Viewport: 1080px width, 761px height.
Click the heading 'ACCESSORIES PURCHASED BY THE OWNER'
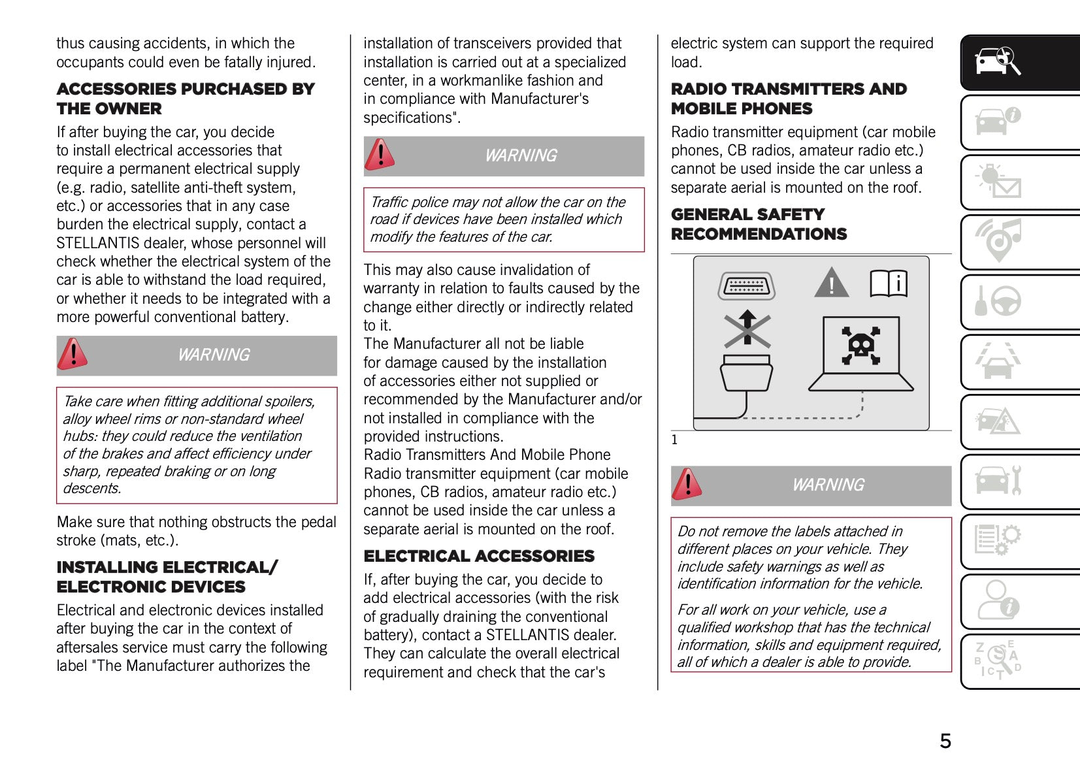pyautogui.click(x=186, y=99)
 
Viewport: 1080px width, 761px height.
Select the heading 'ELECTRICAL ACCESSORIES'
pyautogui.click(x=479, y=556)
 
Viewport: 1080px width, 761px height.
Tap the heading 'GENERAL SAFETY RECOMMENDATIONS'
pyautogui.click(x=759, y=224)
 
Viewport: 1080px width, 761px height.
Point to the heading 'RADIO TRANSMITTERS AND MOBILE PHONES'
pyautogui.click(x=789, y=99)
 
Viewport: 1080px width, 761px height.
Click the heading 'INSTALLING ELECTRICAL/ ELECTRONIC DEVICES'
pyautogui.click(x=167, y=577)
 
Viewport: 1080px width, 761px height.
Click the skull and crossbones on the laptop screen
pyautogui.click(x=860, y=345)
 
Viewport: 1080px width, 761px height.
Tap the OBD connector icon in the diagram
pyautogui.click(x=746, y=285)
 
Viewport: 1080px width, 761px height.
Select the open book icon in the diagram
pyautogui.click(x=889, y=283)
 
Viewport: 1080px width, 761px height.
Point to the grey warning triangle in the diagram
pyautogui.click(x=831, y=283)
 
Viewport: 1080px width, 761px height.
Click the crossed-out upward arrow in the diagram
pyautogui.click(x=747, y=329)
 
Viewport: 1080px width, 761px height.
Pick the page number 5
pyautogui.click(x=945, y=741)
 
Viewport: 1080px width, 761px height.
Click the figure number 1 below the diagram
pyautogui.click(x=674, y=440)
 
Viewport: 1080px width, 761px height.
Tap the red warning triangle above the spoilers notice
pyautogui.click(x=73, y=354)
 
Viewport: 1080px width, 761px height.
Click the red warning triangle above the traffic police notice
pyautogui.click(x=380, y=155)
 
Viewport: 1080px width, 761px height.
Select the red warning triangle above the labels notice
pyautogui.click(x=687, y=484)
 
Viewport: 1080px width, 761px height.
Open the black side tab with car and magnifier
pyautogui.click(x=1019, y=62)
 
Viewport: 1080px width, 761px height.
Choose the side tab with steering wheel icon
pyautogui.click(x=1019, y=302)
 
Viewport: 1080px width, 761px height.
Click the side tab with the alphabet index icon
pyautogui.click(x=1019, y=660)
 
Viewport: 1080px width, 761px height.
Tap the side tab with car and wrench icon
pyautogui.click(x=1019, y=481)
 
